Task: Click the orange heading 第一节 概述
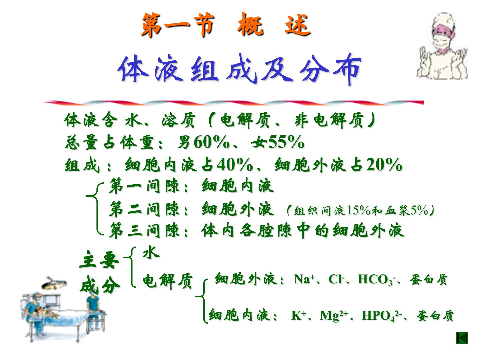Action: (226, 25)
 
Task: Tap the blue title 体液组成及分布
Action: (239, 69)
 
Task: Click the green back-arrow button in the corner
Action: (462, 338)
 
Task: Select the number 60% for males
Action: (211, 142)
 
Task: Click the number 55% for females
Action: (286, 142)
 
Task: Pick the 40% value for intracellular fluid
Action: (235, 164)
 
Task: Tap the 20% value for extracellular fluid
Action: (384, 164)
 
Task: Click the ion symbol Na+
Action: (304, 279)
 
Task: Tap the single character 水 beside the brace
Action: (151, 252)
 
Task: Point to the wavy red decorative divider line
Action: (234, 103)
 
